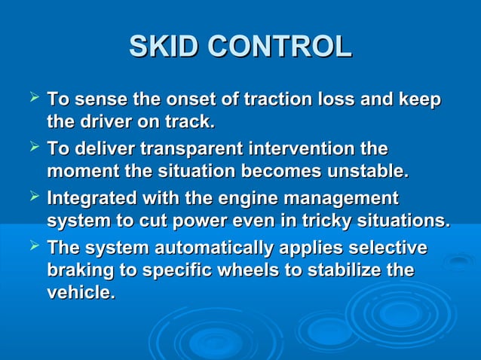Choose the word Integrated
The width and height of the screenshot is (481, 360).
91,200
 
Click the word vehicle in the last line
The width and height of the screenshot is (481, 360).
80,292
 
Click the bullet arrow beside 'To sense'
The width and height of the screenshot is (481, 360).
33,98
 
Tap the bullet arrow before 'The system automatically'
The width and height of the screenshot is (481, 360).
33,248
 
